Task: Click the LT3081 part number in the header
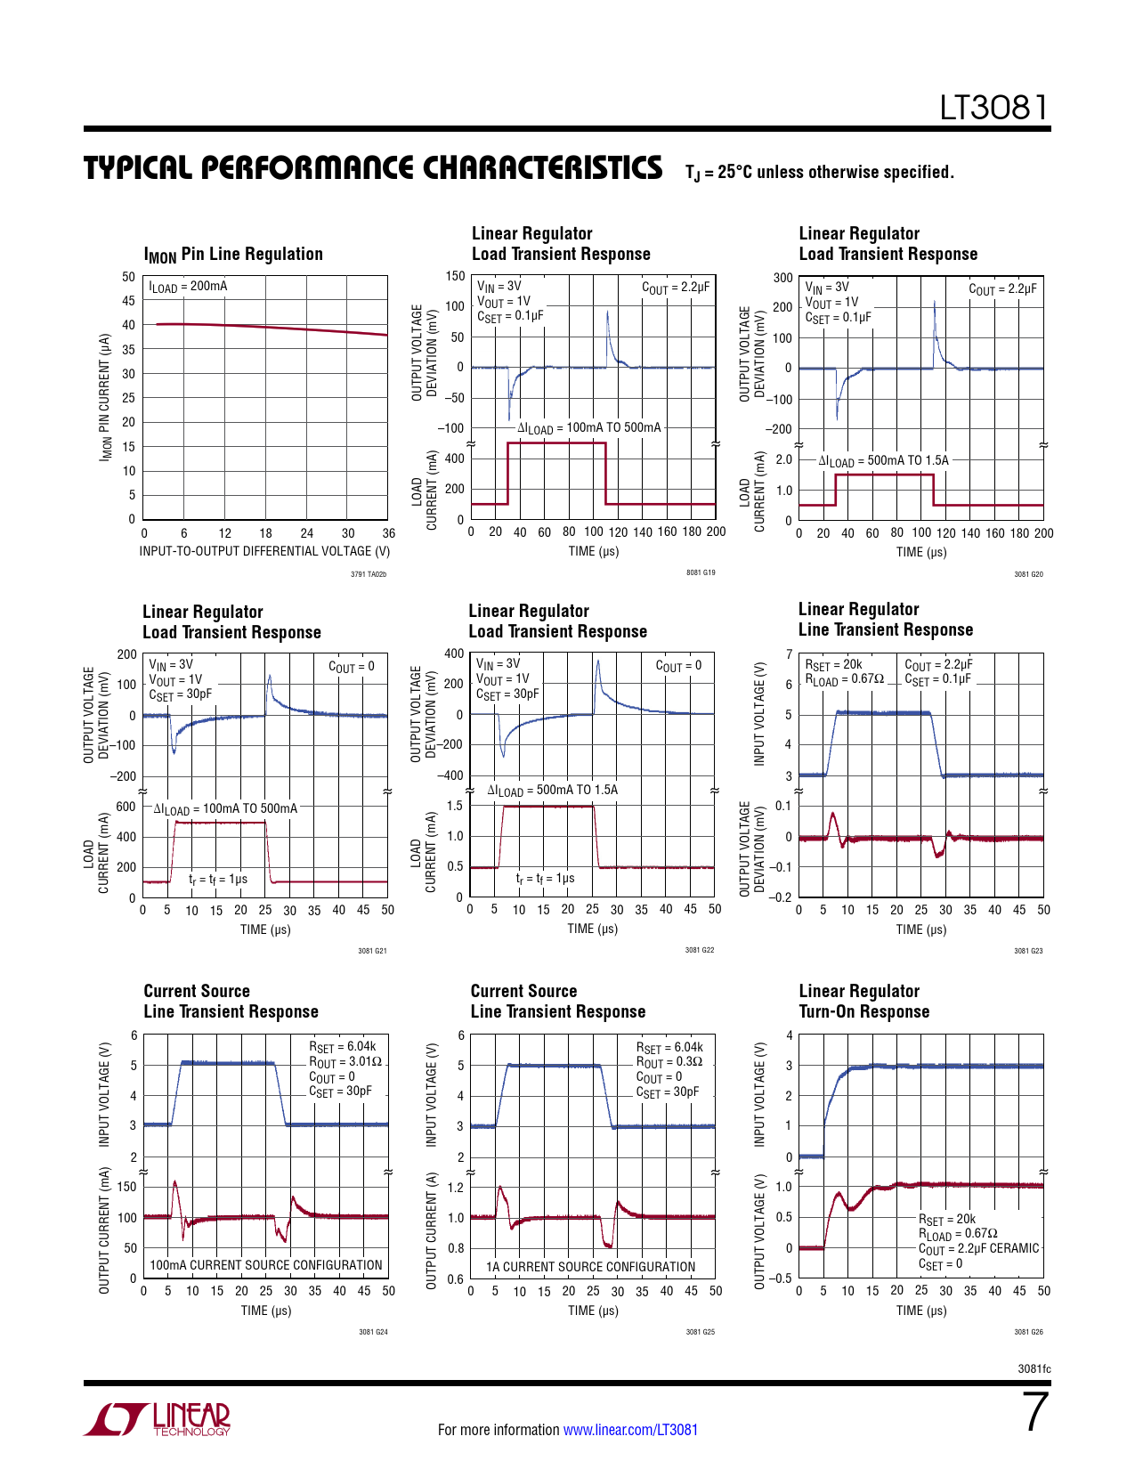[x=994, y=108]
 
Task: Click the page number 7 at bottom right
[x=1035, y=1412]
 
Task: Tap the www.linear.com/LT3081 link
[x=630, y=1430]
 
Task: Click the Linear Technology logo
[x=157, y=1419]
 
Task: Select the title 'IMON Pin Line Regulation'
[x=233, y=255]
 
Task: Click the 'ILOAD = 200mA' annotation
[x=188, y=287]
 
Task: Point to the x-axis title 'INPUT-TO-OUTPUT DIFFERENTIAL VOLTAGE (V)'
[x=264, y=551]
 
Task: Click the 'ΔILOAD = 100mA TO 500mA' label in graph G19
[x=589, y=428]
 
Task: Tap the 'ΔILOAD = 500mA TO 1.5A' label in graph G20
[x=883, y=461]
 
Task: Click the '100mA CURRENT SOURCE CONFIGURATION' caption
[x=266, y=1265]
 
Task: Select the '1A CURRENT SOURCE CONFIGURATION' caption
[x=590, y=1267]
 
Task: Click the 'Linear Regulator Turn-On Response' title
[x=863, y=1002]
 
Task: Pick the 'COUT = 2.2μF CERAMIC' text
[x=978, y=1249]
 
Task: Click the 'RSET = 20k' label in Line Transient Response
[x=833, y=665]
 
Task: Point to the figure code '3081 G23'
[x=1028, y=951]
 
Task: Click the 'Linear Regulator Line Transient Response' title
[x=885, y=620]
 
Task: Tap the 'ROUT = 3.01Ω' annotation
[x=345, y=1062]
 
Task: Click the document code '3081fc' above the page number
[x=1034, y=1369]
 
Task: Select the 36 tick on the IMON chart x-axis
[x=388, y=533]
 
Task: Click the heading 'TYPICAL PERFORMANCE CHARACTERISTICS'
[x=373, y=168]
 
